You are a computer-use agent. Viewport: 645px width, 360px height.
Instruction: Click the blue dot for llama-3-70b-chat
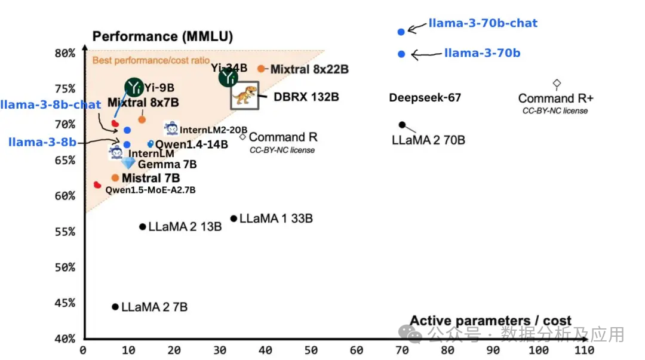click(401, 32)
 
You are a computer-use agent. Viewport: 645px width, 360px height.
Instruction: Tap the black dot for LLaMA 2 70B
click(402, 125)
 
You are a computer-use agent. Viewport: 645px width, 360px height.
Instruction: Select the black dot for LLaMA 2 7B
click(115, 307)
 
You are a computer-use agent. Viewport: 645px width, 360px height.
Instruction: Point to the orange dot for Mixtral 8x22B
click(261, 69)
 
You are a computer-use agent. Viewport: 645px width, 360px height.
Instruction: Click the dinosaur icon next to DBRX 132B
click(245, 95)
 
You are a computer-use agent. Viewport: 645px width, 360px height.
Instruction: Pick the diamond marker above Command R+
click(557, 83)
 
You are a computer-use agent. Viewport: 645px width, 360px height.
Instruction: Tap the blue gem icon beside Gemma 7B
click(128, 163)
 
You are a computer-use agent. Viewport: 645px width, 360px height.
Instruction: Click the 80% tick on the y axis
click(65, 53)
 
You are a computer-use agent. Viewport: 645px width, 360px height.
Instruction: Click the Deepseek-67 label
click(425, 97)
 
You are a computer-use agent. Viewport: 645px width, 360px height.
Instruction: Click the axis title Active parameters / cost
click(490, 321)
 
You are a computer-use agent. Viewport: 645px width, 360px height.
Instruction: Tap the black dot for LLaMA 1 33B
click(234, 219)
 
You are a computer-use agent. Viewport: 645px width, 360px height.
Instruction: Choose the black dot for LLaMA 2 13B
click(142, 227)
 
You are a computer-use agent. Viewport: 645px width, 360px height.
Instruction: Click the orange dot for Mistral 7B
click(115, 178)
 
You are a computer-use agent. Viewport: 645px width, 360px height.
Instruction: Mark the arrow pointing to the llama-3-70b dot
click(426, 55)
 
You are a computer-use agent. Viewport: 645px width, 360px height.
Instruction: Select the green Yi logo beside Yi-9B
click(135, 87)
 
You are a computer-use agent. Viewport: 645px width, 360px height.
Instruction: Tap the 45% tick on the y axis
click(65, 303)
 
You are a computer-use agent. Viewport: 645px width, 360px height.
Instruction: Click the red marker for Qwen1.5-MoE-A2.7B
click(97, 185)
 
